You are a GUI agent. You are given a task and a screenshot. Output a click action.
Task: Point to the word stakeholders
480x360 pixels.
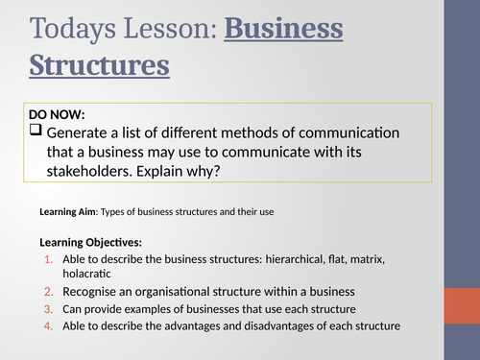tap(89, 170)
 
